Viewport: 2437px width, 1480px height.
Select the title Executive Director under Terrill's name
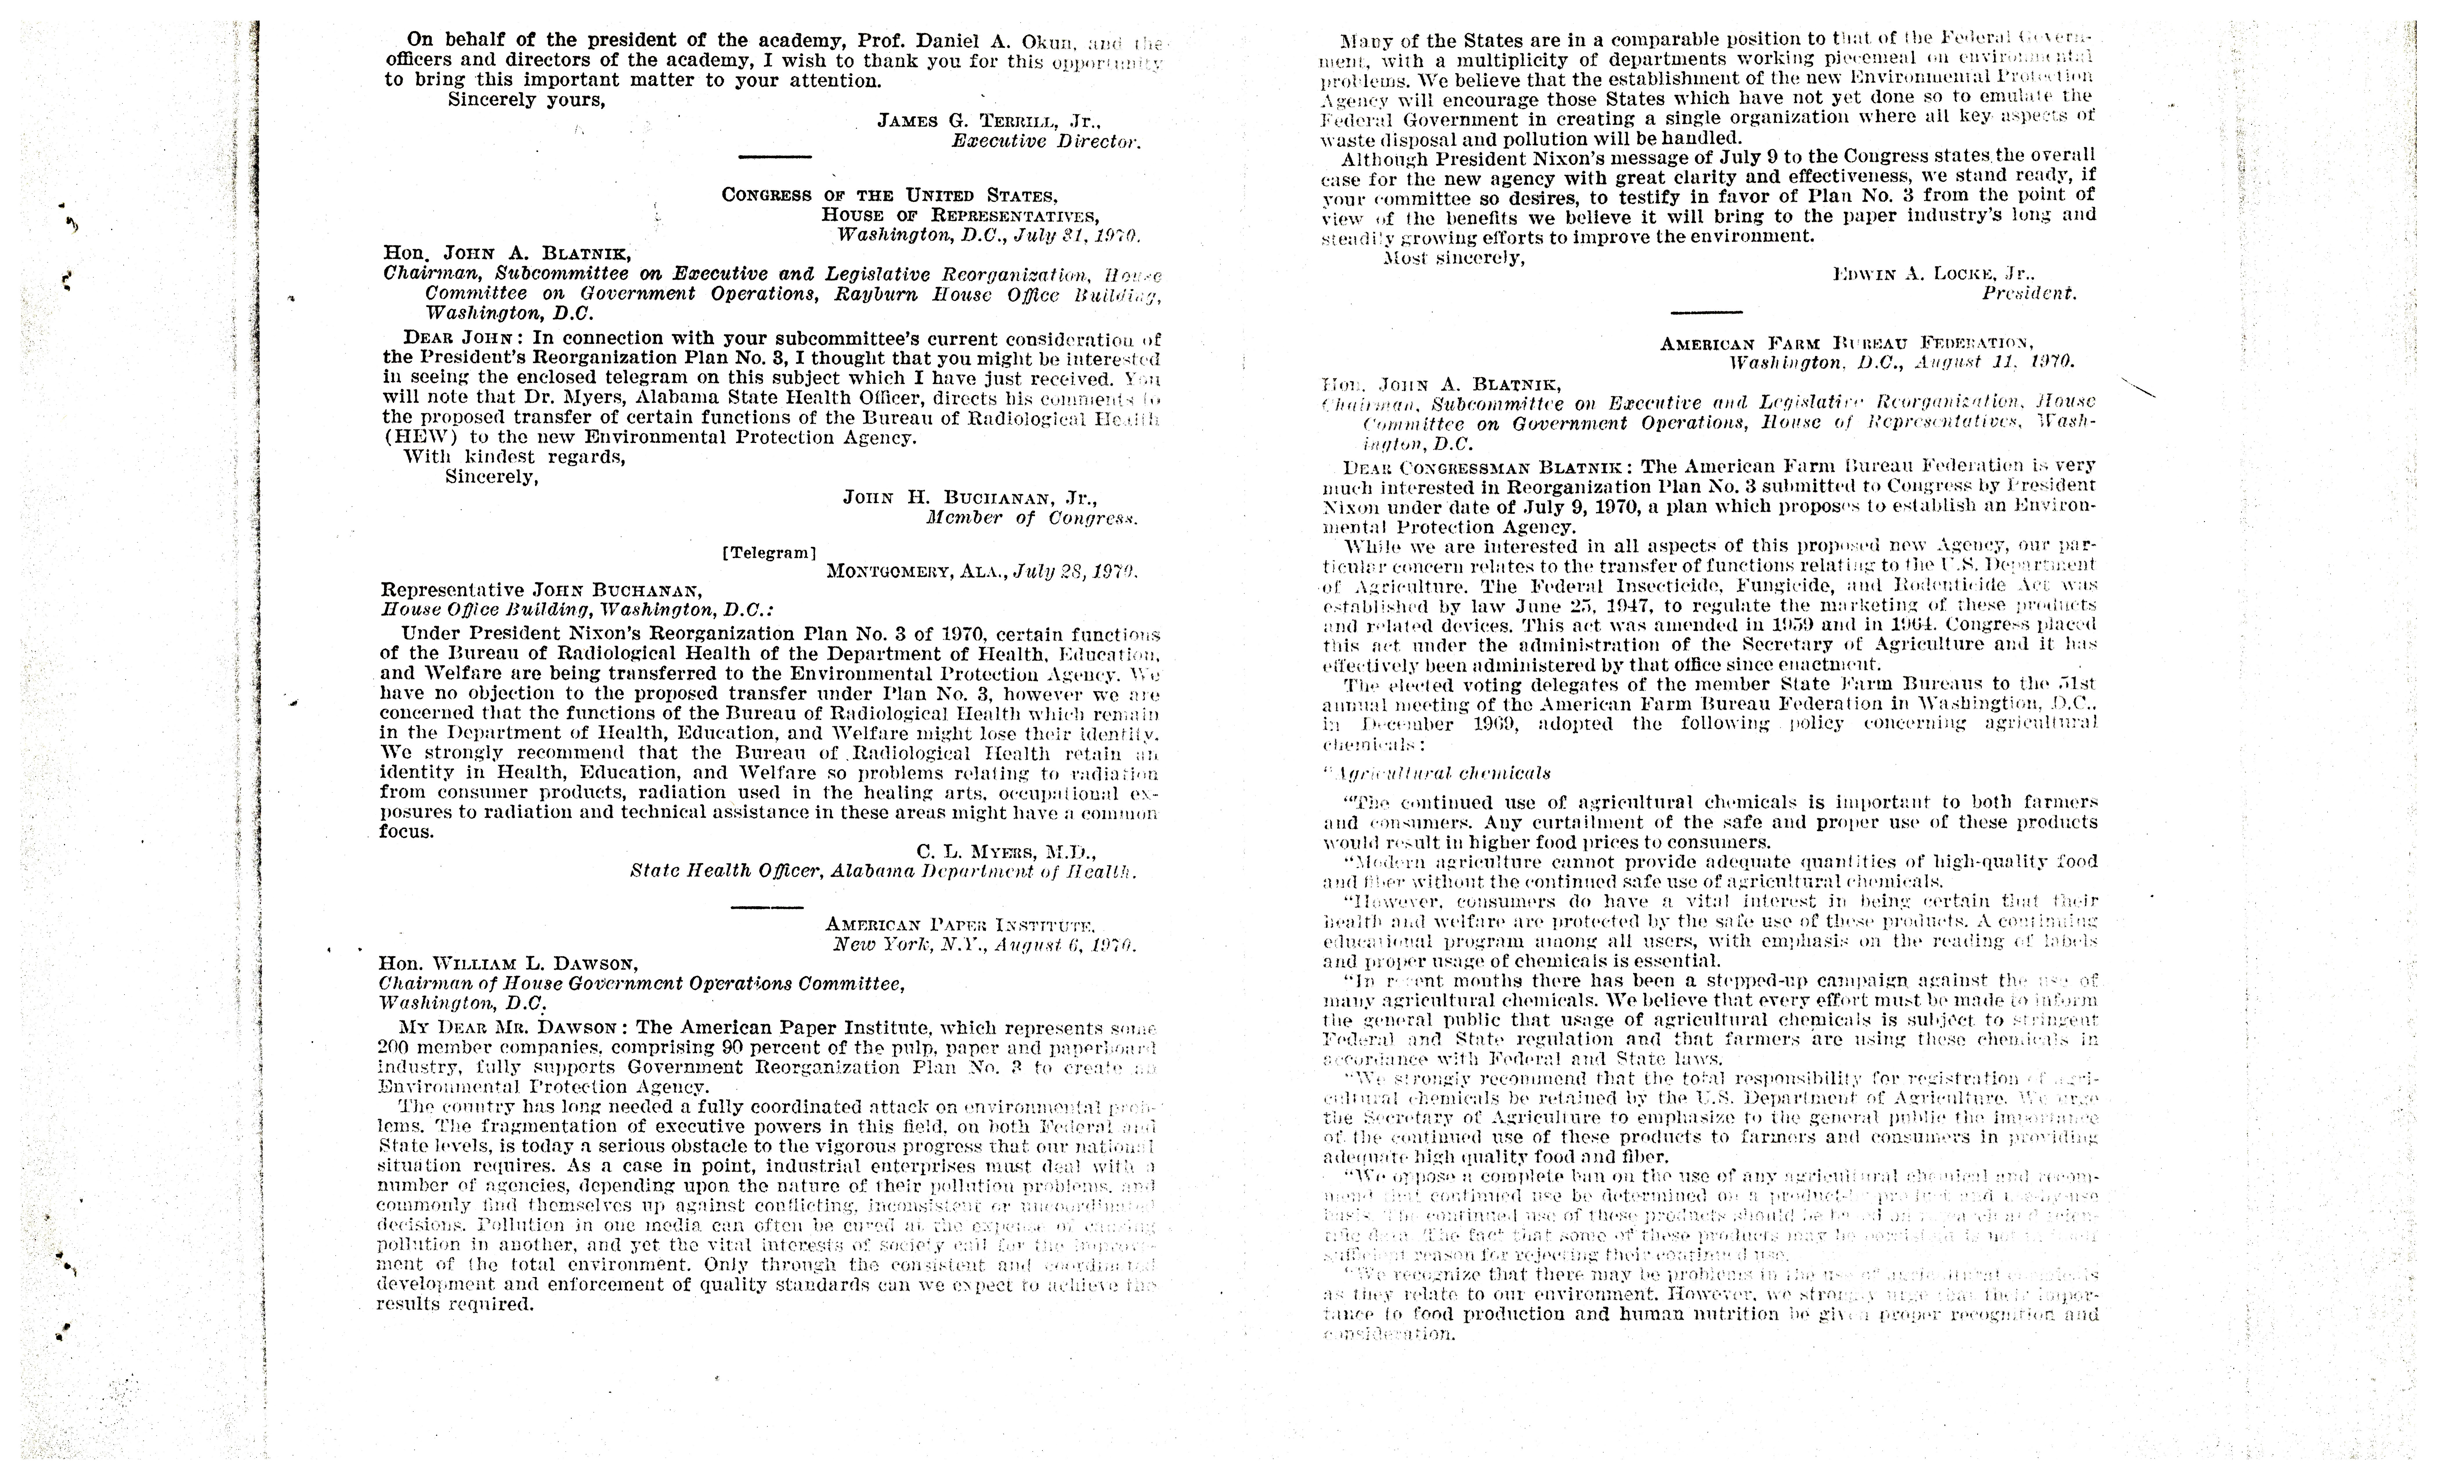coord(1045,142)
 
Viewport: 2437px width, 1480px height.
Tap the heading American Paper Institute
coord(959,926)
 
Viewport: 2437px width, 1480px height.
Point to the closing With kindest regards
coord(514,457)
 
